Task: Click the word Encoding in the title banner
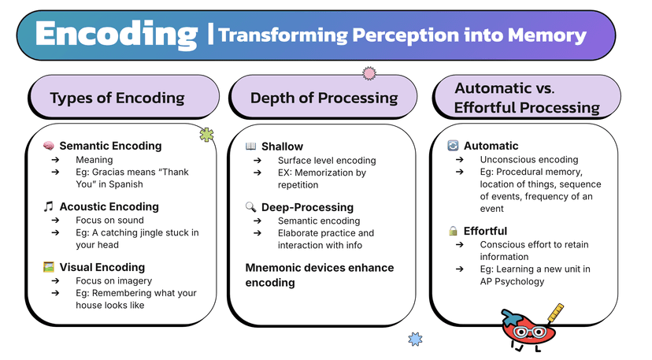point(116,35)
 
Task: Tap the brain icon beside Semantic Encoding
point(48,146)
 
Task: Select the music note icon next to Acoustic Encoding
point(48,206)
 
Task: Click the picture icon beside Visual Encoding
point(48,267)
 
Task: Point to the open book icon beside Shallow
point(250,146)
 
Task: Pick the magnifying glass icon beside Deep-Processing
point(250,206)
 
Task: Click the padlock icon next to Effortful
point(453,231)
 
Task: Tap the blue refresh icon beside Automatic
point(453,146)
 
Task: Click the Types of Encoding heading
point(117,98)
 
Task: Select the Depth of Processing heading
point(324,98)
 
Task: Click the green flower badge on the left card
point(206,135)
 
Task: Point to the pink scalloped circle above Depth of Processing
point(369,73)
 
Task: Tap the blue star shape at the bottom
point(415,340)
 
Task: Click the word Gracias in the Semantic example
point(109,172)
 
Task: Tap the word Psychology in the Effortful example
point(516,281)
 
